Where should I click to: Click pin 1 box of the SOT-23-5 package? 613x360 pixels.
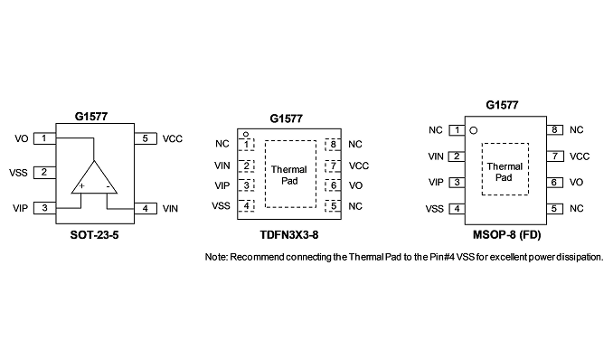pyautogui.click(x=44, y=138)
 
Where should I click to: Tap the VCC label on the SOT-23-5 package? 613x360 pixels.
pyautogui.click(x=173, y=139)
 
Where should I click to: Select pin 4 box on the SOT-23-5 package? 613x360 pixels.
pyautogui.click(x=146, y=209)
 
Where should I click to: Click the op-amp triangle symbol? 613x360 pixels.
pyautogui.click(x=94, y=177)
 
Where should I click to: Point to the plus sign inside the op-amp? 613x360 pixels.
pyautogui.click(x=81, y=185)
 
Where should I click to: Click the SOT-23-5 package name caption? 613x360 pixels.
pyautogui.click(x=94, y=235)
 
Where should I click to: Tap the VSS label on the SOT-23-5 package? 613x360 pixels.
pyautogui.click(x=18, y=173)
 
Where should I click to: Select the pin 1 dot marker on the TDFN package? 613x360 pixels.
pyautogui.click(x=246, y=134)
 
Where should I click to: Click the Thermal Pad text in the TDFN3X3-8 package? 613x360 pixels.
pyautogui.click(x=289, y=175)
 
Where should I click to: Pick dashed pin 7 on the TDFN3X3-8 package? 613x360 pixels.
pyautogui.click(x=333, y=166)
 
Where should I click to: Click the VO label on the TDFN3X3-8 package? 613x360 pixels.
pyautogui.click(x=355, y=185)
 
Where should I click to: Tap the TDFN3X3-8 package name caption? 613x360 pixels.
pyautogui.click(x=289, y=235)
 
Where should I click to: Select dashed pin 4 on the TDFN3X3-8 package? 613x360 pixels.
pyautogui.click(x=246, y=206)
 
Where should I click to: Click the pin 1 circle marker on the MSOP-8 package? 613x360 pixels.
pyautogui.click(x=474, y=130)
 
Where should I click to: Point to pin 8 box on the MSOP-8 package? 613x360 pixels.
pyautogui.click(x=555, y=130)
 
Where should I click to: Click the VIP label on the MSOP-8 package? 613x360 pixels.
pyautogui.click(x=436, y=183)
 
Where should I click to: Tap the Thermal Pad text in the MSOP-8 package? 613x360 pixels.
pyautogui.click(x=505, y=172)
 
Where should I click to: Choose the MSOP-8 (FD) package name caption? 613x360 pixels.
pyautogui.click(x=506, y=235)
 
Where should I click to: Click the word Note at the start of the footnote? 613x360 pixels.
pyautogui.click(x=216, y=257)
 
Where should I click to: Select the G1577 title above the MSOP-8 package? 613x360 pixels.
pyautogui.click(x=502, y=105)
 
